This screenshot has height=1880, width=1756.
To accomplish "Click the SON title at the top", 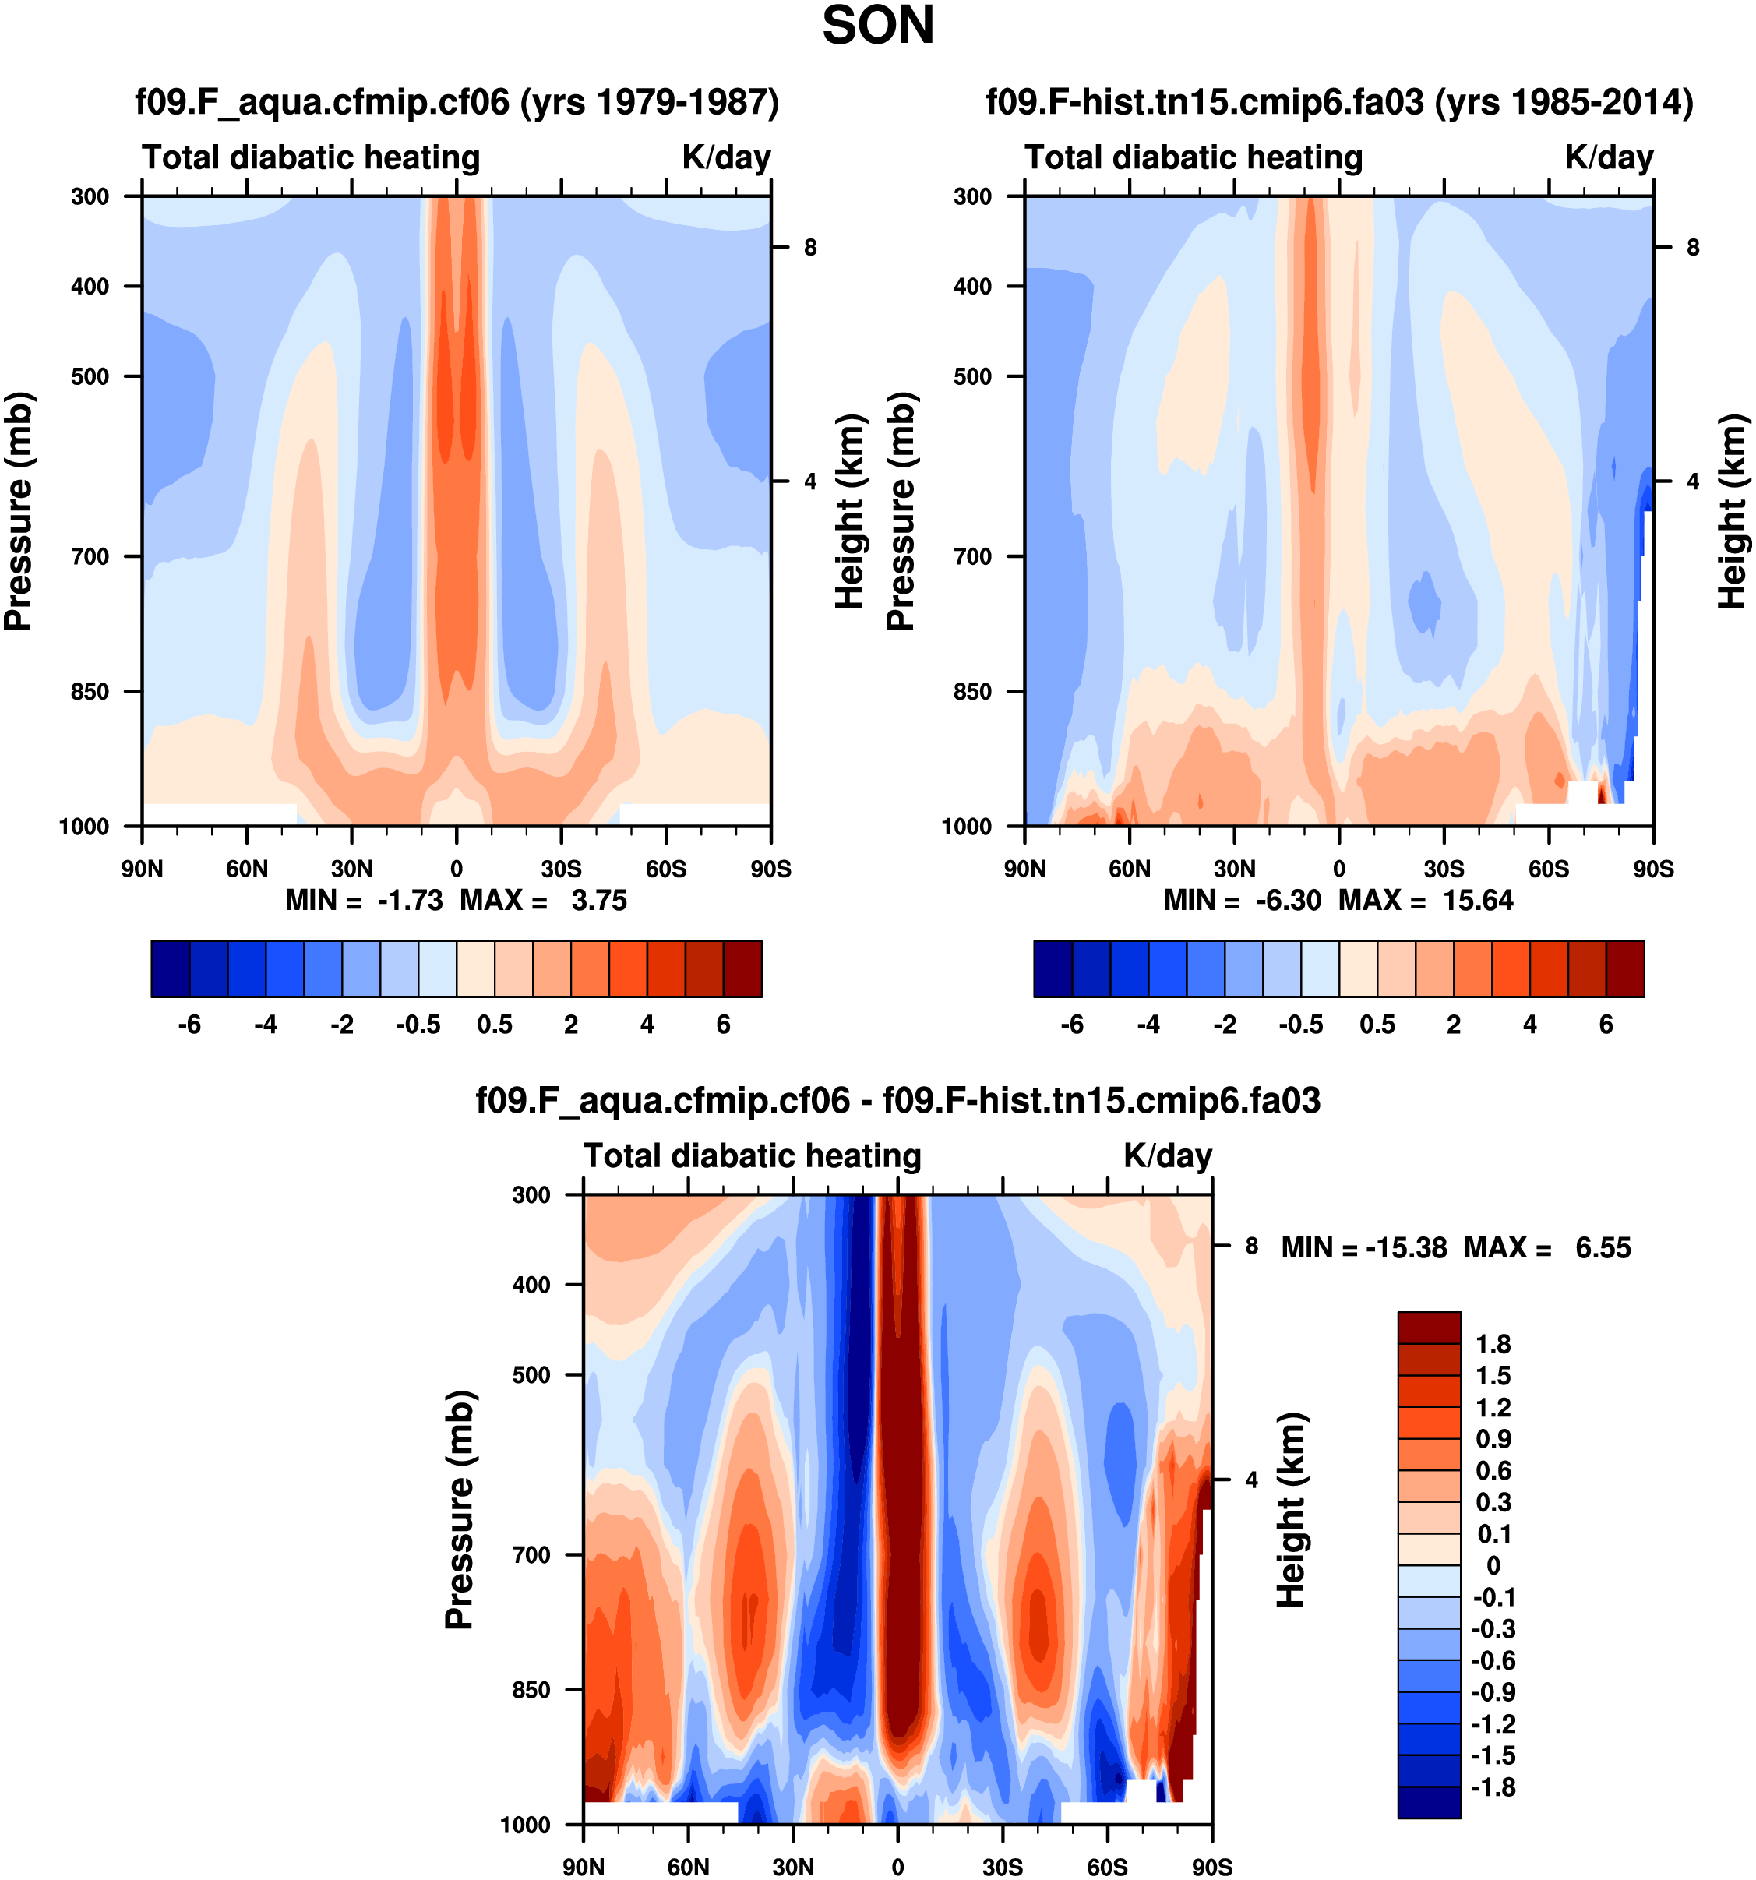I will click(x=877, y=26).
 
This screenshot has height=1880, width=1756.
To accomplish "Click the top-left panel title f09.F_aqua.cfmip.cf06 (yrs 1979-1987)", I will click(x=457, y=102).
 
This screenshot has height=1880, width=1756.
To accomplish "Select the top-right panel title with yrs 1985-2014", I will click(x=1339, y=102).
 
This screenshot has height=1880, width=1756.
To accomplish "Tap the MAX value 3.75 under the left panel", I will click(x=598, y=901).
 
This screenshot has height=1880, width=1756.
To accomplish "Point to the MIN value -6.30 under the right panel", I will click(x=1288, y=901).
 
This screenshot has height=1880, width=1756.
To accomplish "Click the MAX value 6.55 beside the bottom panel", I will click(x=1603, y=1248).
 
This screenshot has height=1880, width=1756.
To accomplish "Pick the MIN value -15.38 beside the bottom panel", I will click(x=1406, y=1248).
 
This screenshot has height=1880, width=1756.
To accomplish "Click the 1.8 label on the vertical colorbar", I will click(x=1493, y=1344).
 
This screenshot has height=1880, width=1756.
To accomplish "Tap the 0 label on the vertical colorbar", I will click(x=1493, y=1565).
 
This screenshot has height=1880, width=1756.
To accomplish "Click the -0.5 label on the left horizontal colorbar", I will click(x=418, y=1025).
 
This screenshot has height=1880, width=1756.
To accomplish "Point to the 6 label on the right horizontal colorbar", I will click(x=1606, y=1025).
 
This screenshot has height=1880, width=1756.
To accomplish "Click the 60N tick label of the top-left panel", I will click(x=247, y=869).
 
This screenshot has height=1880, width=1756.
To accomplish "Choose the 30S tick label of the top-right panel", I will click(x=1444, y=869).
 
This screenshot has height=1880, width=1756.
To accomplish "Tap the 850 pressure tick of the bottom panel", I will click(x=531, y=1690).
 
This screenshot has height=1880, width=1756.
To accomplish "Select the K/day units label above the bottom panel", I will click(x=1167, y=1156).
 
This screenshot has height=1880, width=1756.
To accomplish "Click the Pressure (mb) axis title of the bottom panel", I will click(x=459, y=1509).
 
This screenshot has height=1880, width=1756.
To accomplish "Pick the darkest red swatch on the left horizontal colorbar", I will click(x=742, y=968).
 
